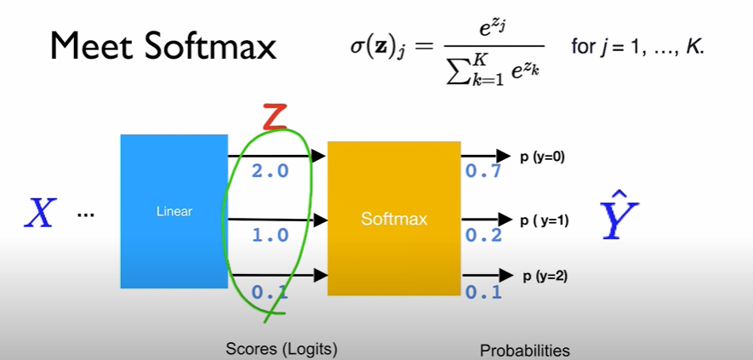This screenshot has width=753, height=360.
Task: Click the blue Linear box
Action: pyautogui.click(x=174, y=211)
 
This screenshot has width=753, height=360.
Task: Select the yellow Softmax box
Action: pyautogui.click(x=393, y=219)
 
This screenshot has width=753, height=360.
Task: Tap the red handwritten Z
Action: pyautogui.click(x=272, y=116)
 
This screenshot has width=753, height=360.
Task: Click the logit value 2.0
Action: pyautogui.click(x=271, y=171)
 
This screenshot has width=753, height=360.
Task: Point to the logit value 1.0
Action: pyautogui.click(x=271, y=235)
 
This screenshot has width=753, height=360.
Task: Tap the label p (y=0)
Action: pyautogui.click(x=543, y=157)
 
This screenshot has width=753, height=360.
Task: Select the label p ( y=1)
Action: pyautogui.click(x=545, y=220)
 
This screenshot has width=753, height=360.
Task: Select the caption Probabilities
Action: pyautogui.click(x=524, y=350)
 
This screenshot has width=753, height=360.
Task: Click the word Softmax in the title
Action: pyautogui.click(x=211, y=46)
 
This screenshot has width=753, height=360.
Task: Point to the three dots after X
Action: pyautogui.click(x=85, y=214)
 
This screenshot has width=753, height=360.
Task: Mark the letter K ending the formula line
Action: pyautogui.click(x=696, y=46)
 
